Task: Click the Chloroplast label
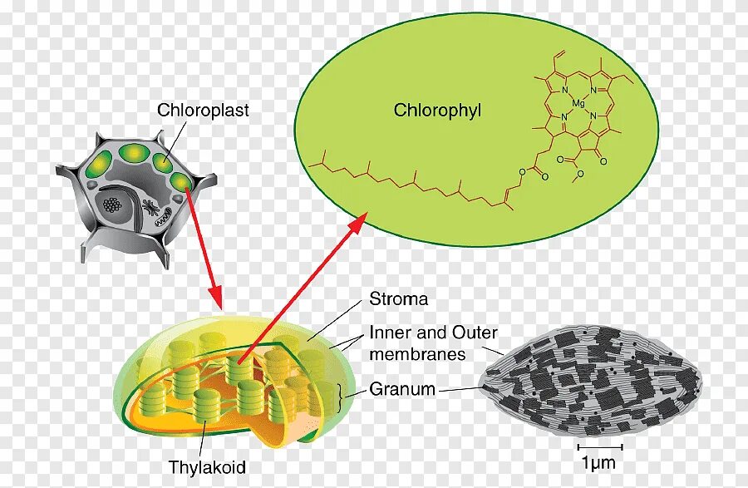203,110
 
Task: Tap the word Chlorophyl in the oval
438,111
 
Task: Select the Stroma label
398,299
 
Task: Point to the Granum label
403,388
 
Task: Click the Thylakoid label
207,467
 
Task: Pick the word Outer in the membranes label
475,333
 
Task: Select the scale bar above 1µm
598,434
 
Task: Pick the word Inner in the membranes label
389,333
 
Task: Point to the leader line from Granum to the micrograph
459,388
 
